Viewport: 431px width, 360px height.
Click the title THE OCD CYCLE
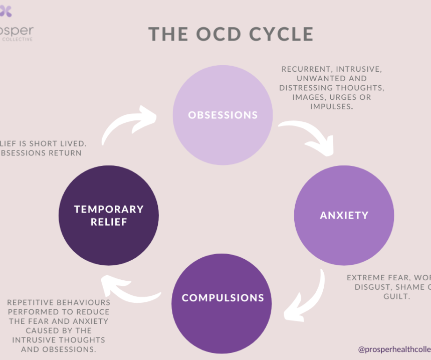coord(231,34)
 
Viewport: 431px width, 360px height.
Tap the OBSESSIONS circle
coord(223,115)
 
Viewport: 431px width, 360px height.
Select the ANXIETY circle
coord(344,215)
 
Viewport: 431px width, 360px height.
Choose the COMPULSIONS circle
coord(223,298)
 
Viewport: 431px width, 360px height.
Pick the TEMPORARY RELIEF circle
coord(109,215)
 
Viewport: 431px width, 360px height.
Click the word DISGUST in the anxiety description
coord(370,287)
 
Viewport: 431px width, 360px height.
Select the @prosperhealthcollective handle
coord(394,349)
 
